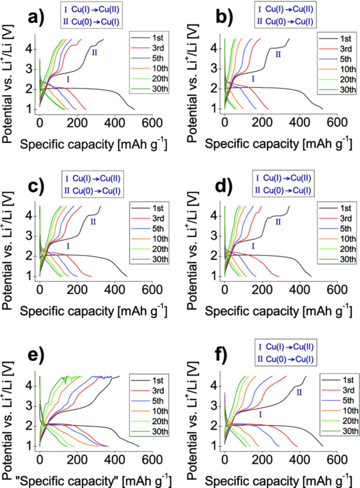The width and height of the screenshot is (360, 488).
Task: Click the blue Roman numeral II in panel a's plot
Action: (94, 53)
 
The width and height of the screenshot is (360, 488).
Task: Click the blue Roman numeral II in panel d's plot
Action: (278, 222)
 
